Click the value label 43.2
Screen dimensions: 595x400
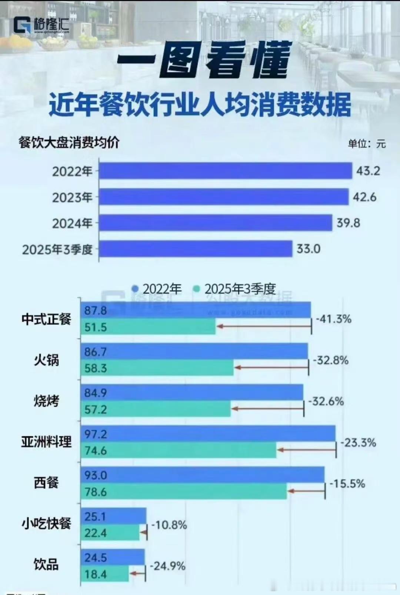(368, 171)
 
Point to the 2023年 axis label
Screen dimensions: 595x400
(72, 197)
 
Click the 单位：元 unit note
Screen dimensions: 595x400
(366, 144)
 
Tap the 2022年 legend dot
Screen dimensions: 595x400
(135, 289)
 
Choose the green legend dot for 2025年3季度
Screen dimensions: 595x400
(197, 289)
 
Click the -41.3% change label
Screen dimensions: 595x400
(334, 319)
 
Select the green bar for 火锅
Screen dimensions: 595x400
(157, 368)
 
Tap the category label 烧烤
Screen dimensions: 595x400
(46, 401)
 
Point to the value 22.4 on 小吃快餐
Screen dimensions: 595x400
(95, 533)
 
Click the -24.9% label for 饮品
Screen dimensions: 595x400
(167, 566)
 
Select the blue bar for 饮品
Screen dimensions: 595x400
(113, 557)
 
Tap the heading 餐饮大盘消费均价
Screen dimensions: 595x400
(69, 142)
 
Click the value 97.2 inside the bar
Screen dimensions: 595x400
(95, 434)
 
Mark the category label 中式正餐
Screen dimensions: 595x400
(46, 319)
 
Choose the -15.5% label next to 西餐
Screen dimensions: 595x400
(347, 483)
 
